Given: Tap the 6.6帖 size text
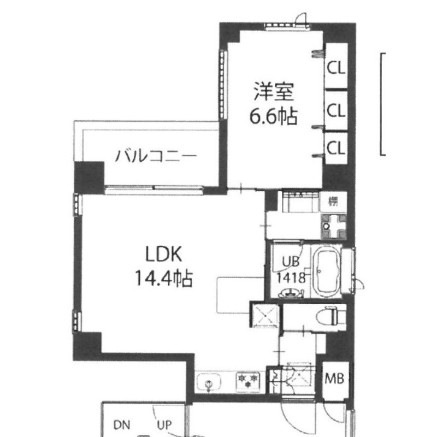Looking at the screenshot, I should click(274, 116).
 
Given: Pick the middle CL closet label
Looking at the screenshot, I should click(336, 111).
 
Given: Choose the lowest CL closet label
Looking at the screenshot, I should click(336, 147).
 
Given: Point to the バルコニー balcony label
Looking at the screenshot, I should click(156, 157).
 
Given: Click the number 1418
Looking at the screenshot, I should click(290, 277).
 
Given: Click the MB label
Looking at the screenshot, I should click(335, 378).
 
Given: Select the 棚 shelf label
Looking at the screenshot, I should click(333, 201).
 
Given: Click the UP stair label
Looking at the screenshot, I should click(164, 424).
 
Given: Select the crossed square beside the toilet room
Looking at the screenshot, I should click(264, 315).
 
